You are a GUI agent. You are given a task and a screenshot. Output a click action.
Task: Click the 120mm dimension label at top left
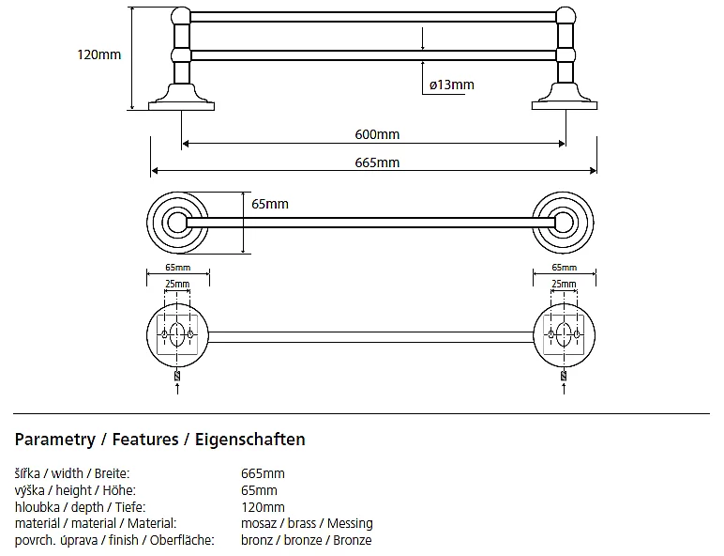point(98,54)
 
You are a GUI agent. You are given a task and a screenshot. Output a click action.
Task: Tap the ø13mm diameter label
point(451,85)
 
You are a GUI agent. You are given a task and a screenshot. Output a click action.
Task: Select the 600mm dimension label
point(376,134)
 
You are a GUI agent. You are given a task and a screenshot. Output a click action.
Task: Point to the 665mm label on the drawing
point(376,162)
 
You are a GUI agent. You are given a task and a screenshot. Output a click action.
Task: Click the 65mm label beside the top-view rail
point(270,204)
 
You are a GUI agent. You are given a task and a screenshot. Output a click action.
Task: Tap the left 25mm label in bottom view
point(176,285)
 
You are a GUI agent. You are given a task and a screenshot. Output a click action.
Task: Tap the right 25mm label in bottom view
point(563,285)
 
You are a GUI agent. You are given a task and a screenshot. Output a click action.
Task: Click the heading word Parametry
point(55,440)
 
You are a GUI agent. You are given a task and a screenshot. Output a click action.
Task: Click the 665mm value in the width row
point(263,473)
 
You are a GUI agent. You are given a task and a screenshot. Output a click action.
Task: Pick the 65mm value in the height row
point(259,490)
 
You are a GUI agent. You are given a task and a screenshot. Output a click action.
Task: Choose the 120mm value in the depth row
point(263,507)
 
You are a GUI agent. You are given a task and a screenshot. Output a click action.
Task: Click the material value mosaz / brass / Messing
point(307,523)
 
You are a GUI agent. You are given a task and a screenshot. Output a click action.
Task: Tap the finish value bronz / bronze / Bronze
point(306,540)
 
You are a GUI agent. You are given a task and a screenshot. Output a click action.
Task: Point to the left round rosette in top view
point(176,223)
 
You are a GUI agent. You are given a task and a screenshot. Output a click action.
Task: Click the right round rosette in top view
point(563,223)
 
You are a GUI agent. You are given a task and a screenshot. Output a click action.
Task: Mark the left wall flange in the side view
point(181,98)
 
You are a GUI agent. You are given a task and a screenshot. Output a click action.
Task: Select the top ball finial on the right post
point(566,16)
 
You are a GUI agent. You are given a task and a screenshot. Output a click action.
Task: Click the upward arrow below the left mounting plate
point(178,387)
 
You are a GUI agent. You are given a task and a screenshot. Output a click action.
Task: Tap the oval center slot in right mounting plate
point(564,334)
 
